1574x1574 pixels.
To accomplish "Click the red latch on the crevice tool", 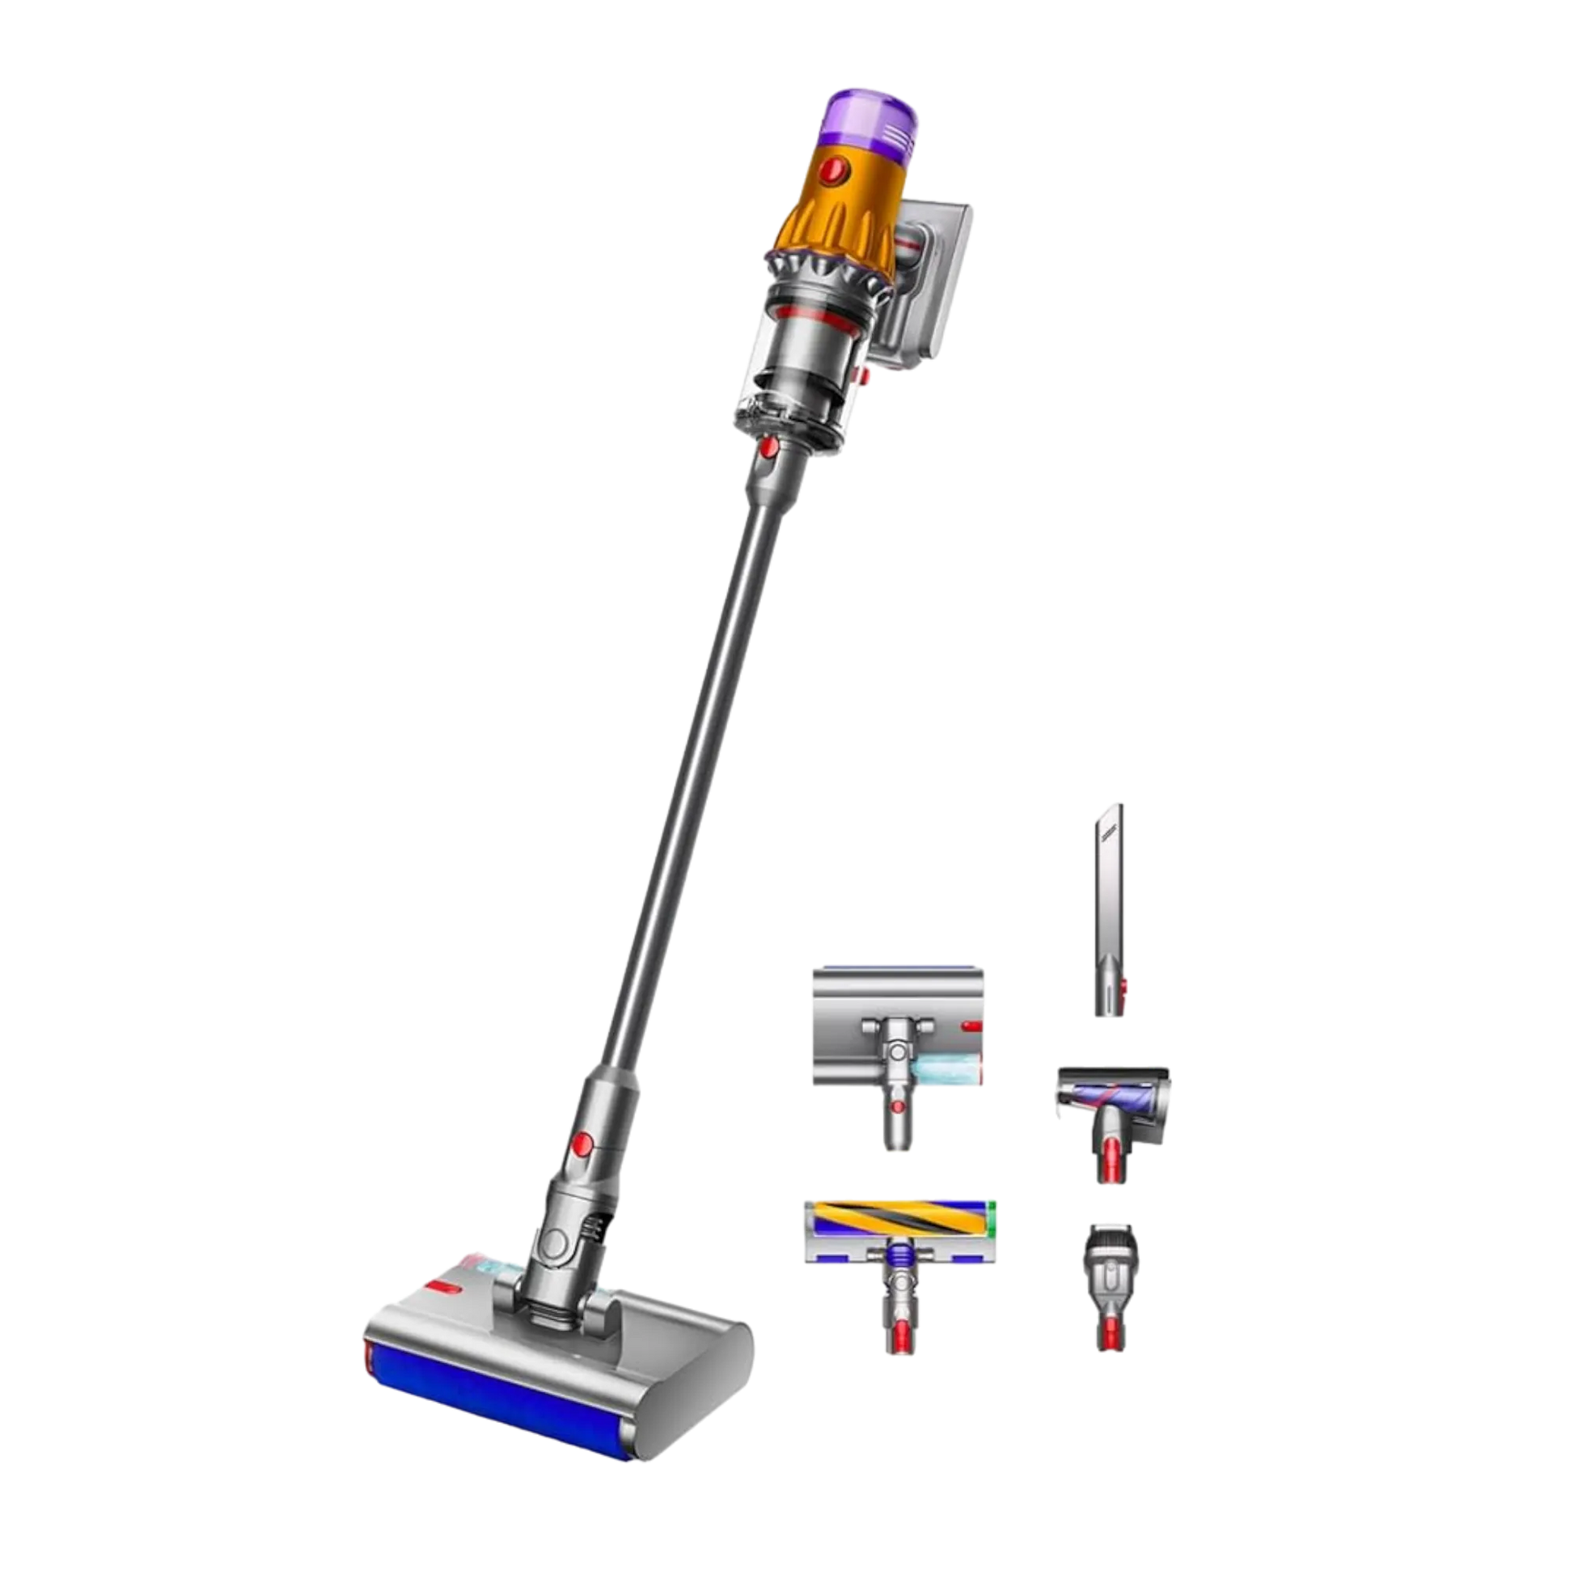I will (1124, 988).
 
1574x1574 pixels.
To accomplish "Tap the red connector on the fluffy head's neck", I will (897, 1335).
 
